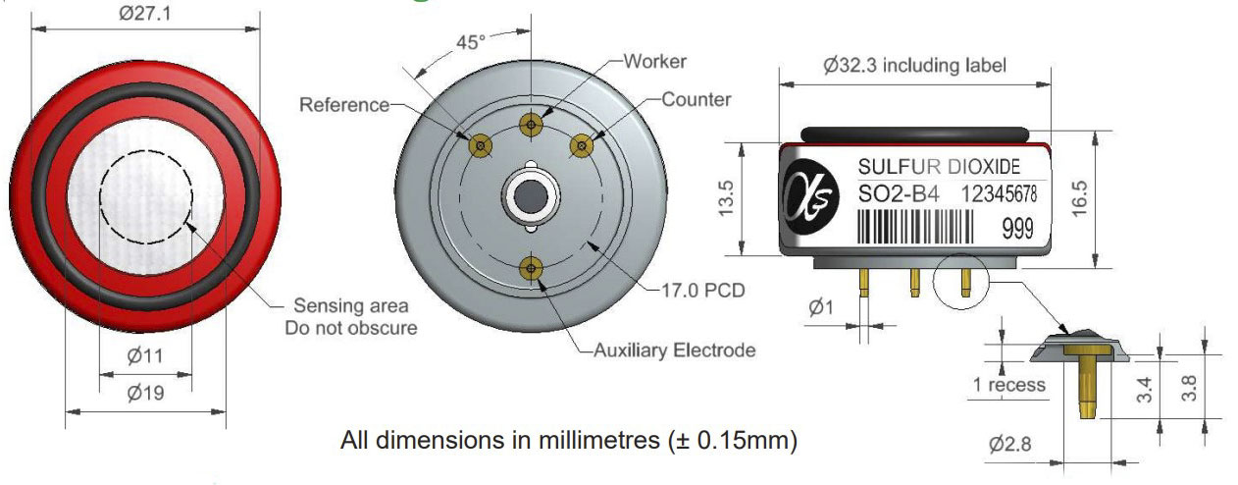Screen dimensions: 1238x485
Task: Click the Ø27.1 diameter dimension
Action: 145,13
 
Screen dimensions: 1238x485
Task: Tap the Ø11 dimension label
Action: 145,355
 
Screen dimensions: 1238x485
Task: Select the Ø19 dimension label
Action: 145,393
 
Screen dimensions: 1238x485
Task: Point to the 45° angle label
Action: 470,42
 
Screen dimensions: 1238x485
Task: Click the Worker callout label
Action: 655,62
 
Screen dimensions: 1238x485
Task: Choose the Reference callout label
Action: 344,105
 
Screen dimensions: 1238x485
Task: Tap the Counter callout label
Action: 696,99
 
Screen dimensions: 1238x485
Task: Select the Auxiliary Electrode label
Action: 674,350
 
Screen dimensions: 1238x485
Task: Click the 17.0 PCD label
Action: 703,291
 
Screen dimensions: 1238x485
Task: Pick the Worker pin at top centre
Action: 531,125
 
